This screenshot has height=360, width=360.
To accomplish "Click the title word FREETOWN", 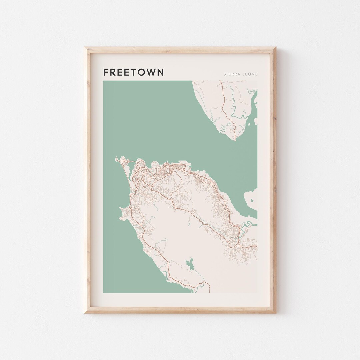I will pyautogui.click(x=133, y=72).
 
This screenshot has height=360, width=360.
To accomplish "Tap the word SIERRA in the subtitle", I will pyautogui.click(x=230, y=74).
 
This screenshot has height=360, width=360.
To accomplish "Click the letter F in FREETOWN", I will pyautogui.click(x=106, y=72).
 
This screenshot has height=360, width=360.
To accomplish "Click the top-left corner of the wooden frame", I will pyautogui.click(x=85, y=47).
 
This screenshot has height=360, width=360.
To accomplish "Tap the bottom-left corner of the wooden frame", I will pyautogui.click(x=85, y=313).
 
